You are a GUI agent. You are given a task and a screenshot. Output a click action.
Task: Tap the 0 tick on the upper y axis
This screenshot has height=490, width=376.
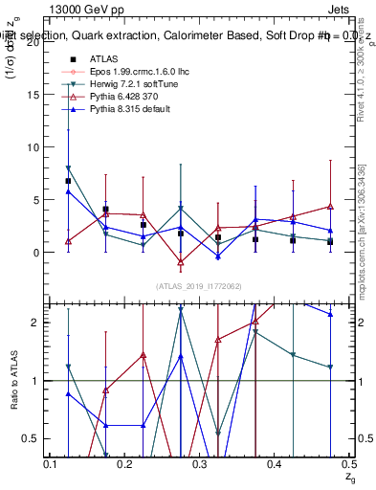(x=37, y=253)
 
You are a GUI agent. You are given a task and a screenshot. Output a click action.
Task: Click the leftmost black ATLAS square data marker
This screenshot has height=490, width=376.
(x=68, y=181)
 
